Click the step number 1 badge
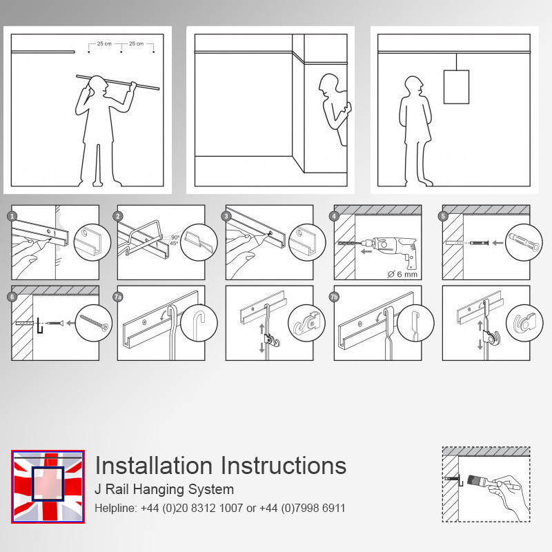tap(12, 216)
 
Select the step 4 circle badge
tap(334, 216)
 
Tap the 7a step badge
tap(118, 297)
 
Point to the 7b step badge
tap(334, 297)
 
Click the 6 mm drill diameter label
tap(402, 274)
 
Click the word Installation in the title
tap(154, 465)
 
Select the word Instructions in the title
tap(284, 465)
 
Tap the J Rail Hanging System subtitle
tap(164, 489)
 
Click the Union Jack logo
tap(48, 486)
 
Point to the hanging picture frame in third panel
tap(456, 87)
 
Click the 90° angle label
tap(175, 237)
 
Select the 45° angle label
tap(174, 244)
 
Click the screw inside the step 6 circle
tap(94, 323)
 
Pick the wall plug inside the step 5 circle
tap(524, 242)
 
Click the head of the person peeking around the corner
tap(328, 85)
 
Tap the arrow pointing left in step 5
tap(497, 243)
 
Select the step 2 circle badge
tap(118, 216)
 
